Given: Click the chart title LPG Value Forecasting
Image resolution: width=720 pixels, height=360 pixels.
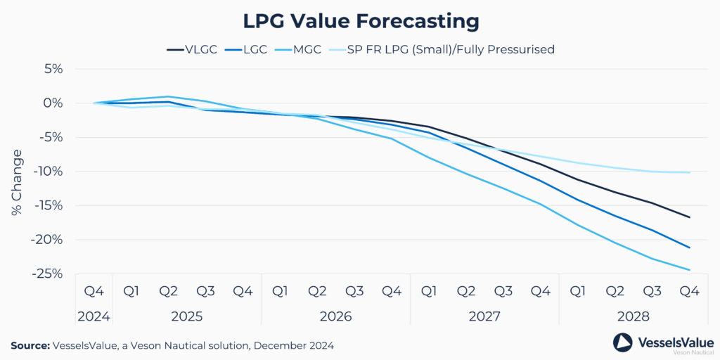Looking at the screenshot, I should click(360, 20).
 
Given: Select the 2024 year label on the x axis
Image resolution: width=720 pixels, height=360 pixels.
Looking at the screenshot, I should click(94, 316).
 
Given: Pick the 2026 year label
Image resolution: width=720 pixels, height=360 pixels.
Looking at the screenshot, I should click(335, 316).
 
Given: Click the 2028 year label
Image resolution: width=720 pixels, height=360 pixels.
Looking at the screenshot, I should click(634, 316).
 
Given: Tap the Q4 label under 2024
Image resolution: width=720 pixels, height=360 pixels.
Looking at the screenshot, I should click(94, 291).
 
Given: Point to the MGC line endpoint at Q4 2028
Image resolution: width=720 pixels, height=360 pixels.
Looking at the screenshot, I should click(689, 270).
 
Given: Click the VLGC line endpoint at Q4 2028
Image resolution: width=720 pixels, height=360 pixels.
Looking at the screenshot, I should click(689, 217).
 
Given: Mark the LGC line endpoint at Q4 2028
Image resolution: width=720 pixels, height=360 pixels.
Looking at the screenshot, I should click(689, 247).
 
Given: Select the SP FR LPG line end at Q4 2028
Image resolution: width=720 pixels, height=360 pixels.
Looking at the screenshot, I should click(689, 172).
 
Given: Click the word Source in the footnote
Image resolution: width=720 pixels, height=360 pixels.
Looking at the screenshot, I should click(30, 345).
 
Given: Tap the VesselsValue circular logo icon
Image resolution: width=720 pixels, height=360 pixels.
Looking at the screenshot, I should click(623, 342).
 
